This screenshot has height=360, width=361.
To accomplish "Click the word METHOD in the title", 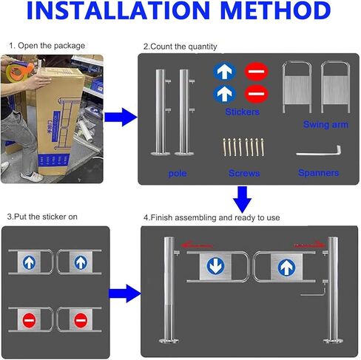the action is pyautogui.click(x=275, y=10).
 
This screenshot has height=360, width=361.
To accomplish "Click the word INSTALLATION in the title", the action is pyautogui.click(x=118, y=10).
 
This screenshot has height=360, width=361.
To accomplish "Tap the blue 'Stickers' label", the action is pyautogui.click(x=242, y=112).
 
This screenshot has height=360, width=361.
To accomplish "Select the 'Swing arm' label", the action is pyautogui.click(x=325, y=124).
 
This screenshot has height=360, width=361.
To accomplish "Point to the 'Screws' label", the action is pyautogui.click(x=244, y=173).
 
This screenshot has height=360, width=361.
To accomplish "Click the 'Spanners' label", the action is pyautogui.click(x=318, y=173).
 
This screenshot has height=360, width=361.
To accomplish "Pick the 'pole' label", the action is pyautogui.click(x=178, y=174).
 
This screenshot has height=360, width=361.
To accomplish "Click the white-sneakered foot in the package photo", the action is pyautogui.click(x=32, y=176).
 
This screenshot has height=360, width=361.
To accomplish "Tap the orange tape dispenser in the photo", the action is pyautogui.click(x=19, y=70).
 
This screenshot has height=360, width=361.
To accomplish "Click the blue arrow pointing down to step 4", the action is pyautogui.click(x=243, y=199).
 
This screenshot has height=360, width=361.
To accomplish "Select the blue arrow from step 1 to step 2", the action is pyautogui.click(x=121, y=118).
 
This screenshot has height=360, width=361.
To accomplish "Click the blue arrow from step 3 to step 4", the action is pyautogui.click(x=125, y=293).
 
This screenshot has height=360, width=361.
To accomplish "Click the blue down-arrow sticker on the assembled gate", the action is pyautogui.click(x=215, y=266).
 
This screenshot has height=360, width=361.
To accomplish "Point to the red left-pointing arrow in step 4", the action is pyautogui.click(x=197, y=245).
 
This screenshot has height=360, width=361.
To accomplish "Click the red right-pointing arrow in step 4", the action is pyautogui.click(x=309, y=245).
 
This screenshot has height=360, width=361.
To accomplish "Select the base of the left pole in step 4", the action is pyautogui.click(x=169, y=341).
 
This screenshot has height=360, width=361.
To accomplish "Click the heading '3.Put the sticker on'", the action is pyautogui.click(x=42, y=217).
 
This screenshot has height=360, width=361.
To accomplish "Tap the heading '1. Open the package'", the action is pyautogui.click(x=47, y=46).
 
